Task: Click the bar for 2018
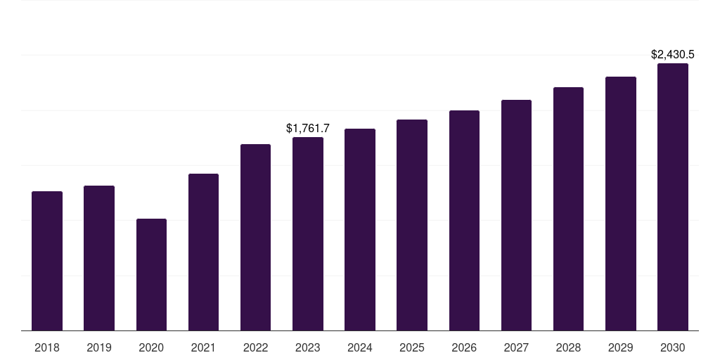click(47, 261)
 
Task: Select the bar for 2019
click(99, 258)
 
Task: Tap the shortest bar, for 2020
click(151, 275)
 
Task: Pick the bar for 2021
click(203, 252)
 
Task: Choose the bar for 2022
click(255, 238)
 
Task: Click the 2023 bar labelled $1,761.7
click(308, 234)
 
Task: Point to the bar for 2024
click(360, 230)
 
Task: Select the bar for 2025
click(412, 225)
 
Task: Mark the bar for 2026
click(464, 221)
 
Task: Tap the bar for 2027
click(516, 215)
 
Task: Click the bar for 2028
click(568, 209)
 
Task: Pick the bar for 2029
click(621, 204)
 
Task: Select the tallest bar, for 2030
click(673, 197)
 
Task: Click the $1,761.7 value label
click(308, 128)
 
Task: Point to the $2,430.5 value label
click(673, 54)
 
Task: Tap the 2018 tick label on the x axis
click(47, 347)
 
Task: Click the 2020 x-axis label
click(151, 347)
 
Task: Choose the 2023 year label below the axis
click(308, 347)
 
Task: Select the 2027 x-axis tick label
click(516, 347)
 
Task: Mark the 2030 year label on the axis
click(673, 347)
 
